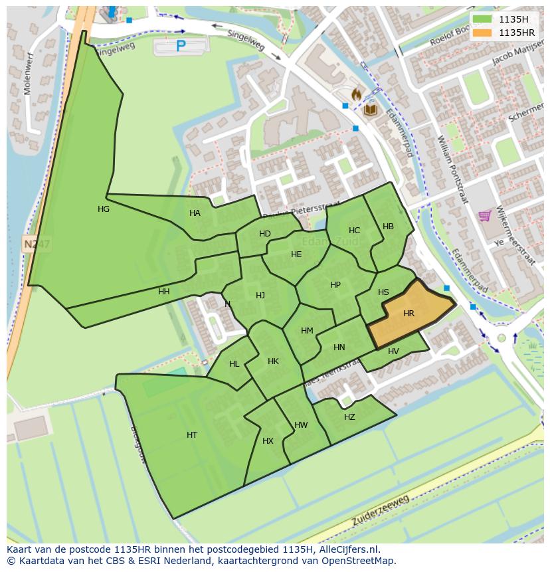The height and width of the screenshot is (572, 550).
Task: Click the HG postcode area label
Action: pyautogui.click(x=104, y=209)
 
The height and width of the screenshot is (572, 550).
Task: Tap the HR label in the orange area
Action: pyautogui.click(x=409, y=314)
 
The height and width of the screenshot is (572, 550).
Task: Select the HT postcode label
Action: pyautogui.click(x=192, y=435)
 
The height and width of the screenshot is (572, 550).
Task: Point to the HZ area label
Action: pyautogui.click(x=349, y=417)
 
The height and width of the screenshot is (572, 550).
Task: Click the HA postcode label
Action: pyautogui.click(x=195, y=213)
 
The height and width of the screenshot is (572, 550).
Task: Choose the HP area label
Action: pyautogui.click(x=335, y=285)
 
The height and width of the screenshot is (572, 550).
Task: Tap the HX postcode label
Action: pyautogui.click(x=268, y=441)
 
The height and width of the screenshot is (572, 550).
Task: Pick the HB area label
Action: pyautogui.click(x=388, y=227)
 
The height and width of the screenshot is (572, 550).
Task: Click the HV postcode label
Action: pyautogui.click(x=393, y=351)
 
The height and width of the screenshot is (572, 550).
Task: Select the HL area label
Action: pyautogui.click(x=234, y=364)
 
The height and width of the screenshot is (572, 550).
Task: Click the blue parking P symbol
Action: pyautogui.click(x=181, y=46)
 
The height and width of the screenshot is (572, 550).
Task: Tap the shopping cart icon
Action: pyautogui.click(x=485, y=215)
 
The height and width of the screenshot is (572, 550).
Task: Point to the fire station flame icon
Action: pyautogui.click(x=357, y=95)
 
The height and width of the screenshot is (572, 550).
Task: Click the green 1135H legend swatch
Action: pyautogui.click(x=482, y=19)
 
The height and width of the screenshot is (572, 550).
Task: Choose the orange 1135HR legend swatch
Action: pyautogui.click(x=482, y=33)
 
